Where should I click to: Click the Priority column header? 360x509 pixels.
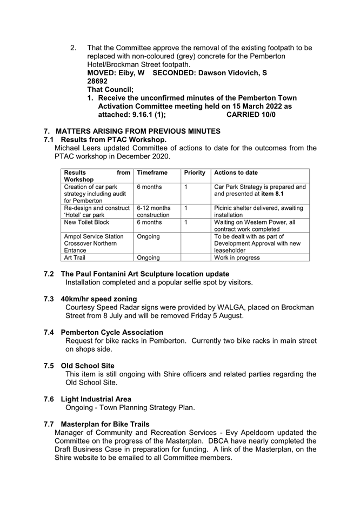click(195, 173)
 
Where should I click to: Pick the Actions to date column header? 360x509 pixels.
click(236, 173)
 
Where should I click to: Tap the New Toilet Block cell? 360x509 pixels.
click(86, 222)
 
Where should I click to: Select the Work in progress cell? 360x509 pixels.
click(237, 257)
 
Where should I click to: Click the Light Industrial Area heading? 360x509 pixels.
click(96, 399)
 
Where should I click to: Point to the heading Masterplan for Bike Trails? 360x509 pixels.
click(105, 424)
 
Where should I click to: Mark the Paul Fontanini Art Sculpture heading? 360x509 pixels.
click(144, 274)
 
